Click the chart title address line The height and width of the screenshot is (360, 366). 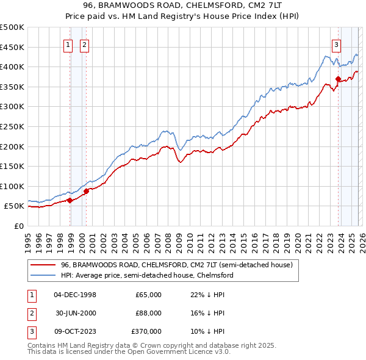183,6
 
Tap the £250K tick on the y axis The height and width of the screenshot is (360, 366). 12,126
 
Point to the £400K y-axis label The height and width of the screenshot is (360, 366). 12,67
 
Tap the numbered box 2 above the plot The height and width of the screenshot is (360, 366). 84,44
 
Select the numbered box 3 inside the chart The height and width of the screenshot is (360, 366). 336,44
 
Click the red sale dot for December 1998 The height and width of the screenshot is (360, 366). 70,200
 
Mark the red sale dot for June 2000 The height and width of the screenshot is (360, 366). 87,191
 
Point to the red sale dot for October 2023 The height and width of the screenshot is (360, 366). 338,79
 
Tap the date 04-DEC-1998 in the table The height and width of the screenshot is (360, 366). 75,295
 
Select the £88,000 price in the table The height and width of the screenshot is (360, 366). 148,313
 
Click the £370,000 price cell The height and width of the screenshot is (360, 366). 146,331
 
